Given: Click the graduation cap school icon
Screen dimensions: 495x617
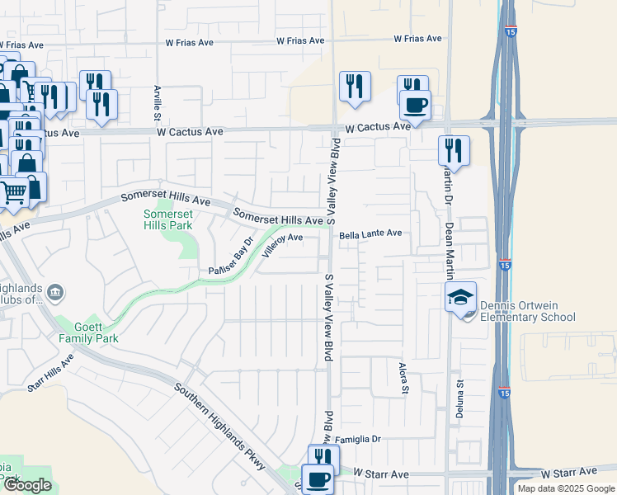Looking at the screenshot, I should click(461, 299).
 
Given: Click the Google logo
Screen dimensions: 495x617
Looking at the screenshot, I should click(26, 485).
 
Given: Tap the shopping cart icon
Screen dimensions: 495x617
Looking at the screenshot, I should click(13, 192).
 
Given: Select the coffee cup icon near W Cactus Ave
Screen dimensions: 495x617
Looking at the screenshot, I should click(415, 105).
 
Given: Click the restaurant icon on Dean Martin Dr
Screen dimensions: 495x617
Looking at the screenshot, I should click(453, 150).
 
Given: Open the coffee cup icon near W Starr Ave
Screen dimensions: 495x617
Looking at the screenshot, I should click(318, 478).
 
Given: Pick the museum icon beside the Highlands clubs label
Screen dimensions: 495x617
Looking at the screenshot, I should click(55, 292).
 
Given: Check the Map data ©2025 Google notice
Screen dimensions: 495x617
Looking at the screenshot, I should click(565, 488).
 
